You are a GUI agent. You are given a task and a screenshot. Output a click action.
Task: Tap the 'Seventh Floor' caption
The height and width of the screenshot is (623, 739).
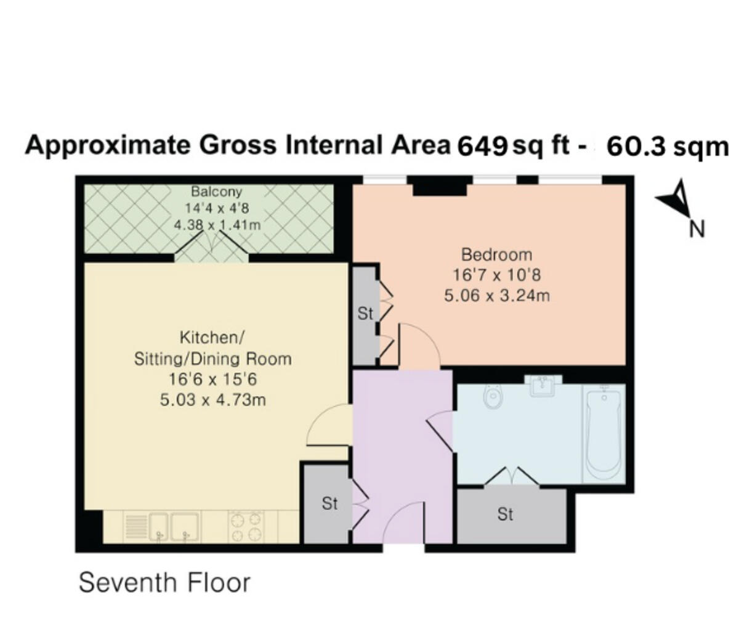click(x=164, y=582)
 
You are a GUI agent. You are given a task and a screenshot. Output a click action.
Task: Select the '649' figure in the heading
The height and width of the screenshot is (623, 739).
click(x=482, y=146)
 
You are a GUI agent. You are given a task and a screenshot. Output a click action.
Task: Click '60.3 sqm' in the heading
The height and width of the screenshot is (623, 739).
click(x=667, y=147)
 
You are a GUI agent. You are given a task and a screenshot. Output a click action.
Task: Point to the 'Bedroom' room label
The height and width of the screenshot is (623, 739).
click(x=496, y=254)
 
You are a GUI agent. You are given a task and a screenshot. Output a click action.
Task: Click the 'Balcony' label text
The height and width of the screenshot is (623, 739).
click(x=216, y=192)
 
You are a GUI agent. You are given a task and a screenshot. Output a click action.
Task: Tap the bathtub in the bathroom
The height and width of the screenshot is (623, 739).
click(x=604, y=433)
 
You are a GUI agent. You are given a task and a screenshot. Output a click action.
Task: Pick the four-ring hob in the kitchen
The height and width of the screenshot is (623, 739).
click(x=246, y=527)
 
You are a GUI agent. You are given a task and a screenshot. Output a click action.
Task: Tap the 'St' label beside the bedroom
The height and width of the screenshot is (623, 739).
click(x=365, y=314)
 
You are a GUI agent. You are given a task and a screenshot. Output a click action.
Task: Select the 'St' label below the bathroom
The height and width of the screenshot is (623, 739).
click(x=505, y=513)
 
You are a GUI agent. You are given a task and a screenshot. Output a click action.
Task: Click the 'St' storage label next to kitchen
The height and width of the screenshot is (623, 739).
click(x=329, y=503)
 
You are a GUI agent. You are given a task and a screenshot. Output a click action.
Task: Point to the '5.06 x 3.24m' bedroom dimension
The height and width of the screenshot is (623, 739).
click(x=496, y=296)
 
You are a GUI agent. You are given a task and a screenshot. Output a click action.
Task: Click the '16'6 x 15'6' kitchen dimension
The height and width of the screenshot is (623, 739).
click(x=212, y=380)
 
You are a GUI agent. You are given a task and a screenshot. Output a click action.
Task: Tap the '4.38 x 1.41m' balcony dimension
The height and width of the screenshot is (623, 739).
click(x=217, y=226)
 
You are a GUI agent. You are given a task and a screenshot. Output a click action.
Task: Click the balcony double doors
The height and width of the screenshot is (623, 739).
click(x=212, y=250)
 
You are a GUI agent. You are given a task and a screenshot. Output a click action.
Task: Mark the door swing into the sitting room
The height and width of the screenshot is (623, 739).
click(x=329, y=425)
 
